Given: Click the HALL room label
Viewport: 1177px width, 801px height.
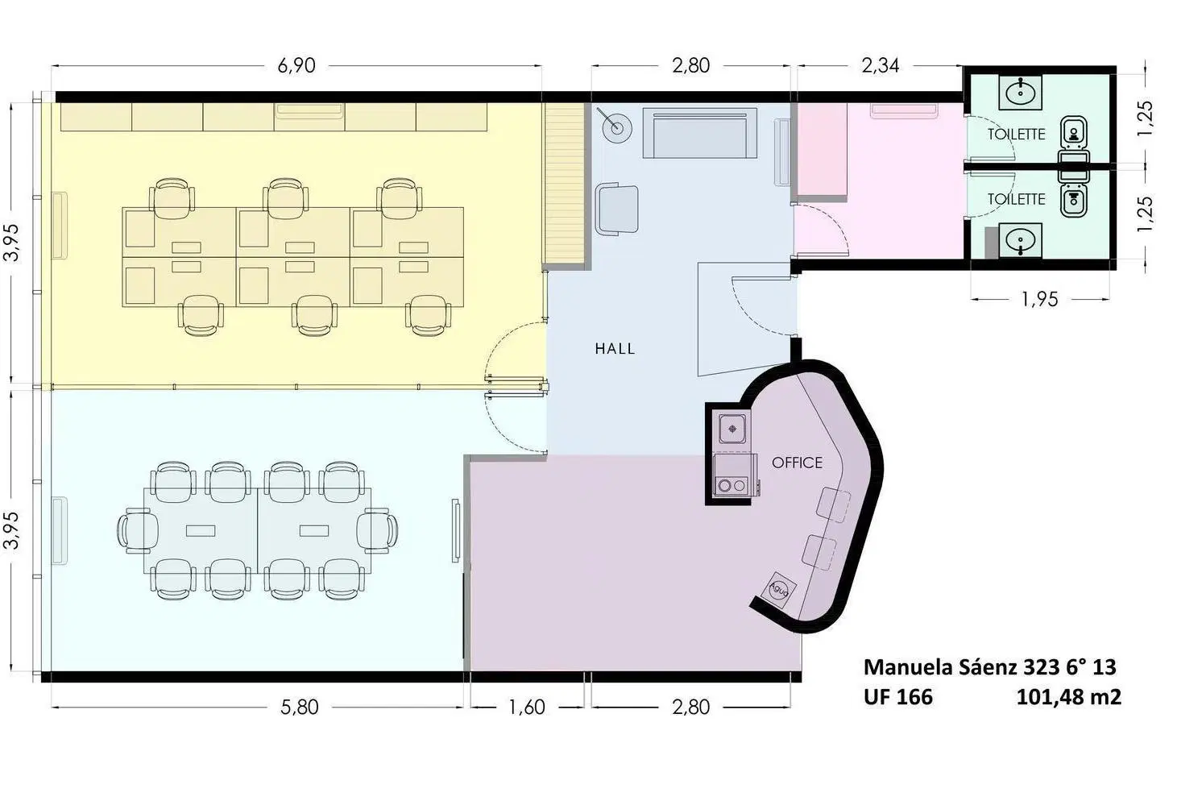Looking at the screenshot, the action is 615,348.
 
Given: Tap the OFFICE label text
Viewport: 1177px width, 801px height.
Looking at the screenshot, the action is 797,463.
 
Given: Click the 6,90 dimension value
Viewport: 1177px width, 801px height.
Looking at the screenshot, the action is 296,66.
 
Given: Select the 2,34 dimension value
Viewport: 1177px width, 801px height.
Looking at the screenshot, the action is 881,66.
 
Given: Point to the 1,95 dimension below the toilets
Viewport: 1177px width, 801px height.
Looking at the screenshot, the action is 1039,299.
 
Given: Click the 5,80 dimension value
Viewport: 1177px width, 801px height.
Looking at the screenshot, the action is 300,708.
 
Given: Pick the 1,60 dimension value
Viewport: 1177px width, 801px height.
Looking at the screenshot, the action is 527,708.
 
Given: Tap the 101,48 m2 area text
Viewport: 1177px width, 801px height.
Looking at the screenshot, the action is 1069,697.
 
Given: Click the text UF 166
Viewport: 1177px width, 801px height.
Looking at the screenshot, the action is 898,697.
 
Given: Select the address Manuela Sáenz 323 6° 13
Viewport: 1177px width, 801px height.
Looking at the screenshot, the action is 990,667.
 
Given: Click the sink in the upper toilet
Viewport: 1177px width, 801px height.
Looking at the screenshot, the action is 1021,93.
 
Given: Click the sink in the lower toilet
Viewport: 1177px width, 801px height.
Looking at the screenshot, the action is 1021,240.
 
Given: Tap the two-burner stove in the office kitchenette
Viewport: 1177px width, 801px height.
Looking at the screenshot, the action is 732,486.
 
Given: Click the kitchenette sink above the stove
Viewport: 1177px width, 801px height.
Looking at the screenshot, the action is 732,429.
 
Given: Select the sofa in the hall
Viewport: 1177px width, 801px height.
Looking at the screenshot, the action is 699,133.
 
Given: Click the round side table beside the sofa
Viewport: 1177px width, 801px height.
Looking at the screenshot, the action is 617,127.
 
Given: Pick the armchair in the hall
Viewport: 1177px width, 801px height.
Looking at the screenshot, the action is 617,209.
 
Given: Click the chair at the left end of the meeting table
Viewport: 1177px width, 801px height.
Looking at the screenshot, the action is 138,530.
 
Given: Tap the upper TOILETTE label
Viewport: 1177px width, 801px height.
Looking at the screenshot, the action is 1016,135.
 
